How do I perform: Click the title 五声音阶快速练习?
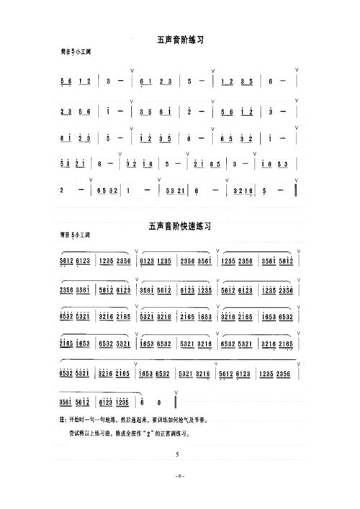click(179, 225)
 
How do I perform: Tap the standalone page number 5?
click(177, 455)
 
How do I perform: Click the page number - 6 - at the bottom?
click(179, 477)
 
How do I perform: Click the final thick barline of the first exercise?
click(297, 192)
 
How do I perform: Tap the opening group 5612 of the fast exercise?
click(66, 261)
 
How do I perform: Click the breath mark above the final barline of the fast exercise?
click(176, 388)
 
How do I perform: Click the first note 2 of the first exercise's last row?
click(63, 192)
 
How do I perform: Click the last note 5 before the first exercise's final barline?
click(266, 192)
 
